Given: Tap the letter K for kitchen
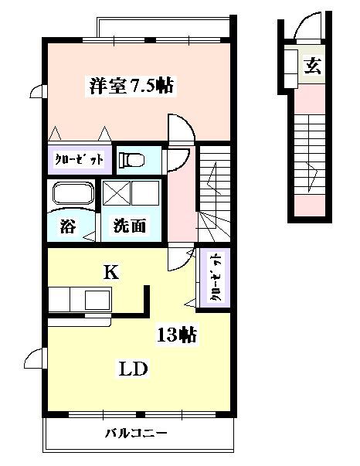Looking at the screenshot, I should (x=111, y=271).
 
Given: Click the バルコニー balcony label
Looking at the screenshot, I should (x=136, y=434).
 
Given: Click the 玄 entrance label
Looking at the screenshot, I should (x=313, y=66).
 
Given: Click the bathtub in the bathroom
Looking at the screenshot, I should (x=73, y=194).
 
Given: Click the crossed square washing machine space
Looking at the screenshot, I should (x=117, y=192).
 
